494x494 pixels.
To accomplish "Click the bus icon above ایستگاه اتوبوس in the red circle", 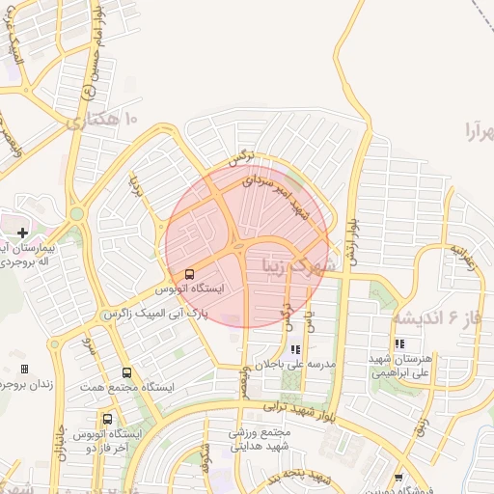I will point(188,274).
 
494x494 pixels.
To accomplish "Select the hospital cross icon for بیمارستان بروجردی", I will point(23,233).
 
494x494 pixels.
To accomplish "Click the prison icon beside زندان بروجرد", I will point(24,369).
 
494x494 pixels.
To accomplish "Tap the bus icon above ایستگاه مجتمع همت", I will point(126,372).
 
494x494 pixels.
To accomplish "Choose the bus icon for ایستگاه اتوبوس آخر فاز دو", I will point(107,420).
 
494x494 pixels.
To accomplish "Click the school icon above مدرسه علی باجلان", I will point(294,349).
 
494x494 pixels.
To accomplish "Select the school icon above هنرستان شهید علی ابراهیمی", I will point(398,343).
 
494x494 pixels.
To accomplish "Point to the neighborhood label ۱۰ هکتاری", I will point(103,121).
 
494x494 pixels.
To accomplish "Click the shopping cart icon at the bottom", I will point(400,478).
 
